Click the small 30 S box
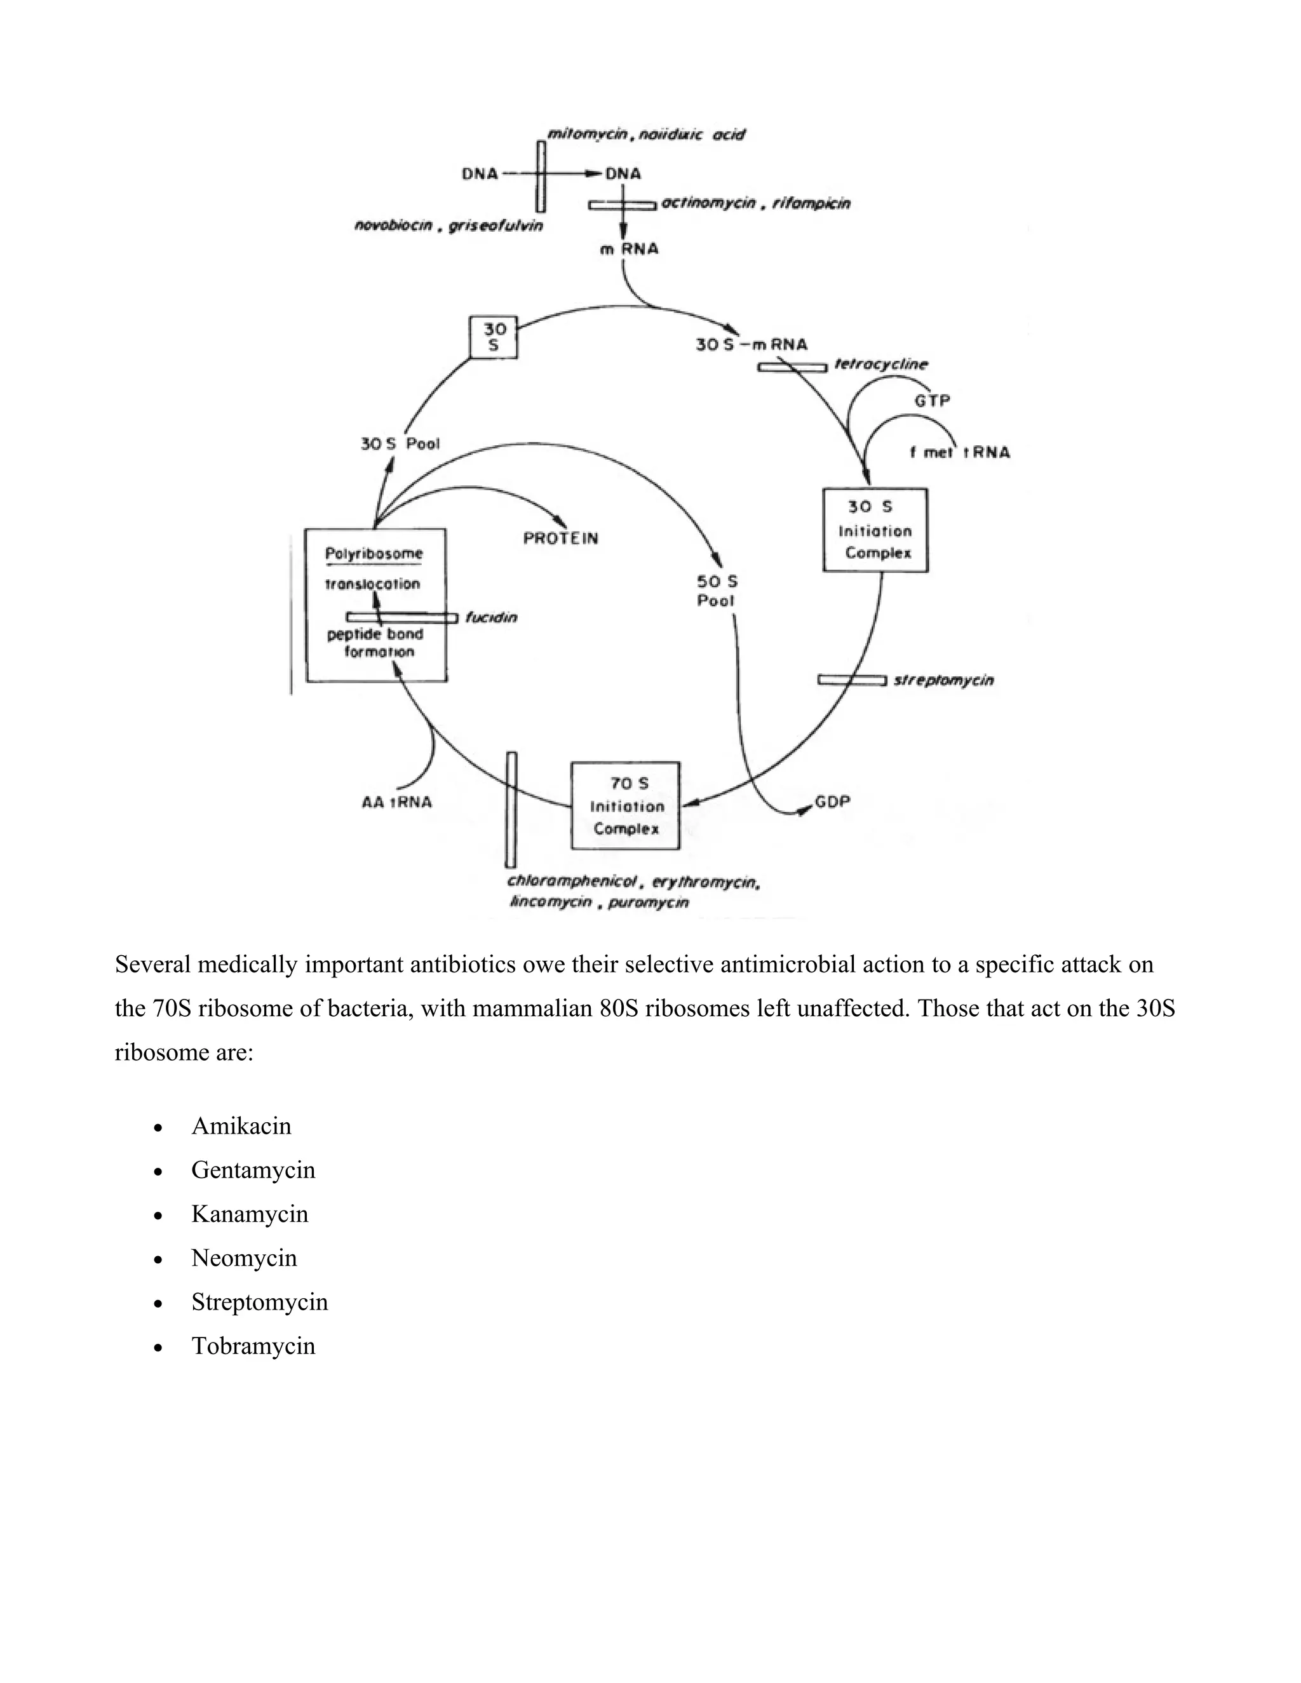[493, 337]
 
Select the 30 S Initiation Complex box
[875, 530]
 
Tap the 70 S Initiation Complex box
[626, 806]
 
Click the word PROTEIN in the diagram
[560, 539]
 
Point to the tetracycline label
[881, 365]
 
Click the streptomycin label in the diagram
[943, 680]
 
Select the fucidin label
[491, 618]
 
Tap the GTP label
[932, 401]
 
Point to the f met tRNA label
[960, 452]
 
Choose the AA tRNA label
[396, 802]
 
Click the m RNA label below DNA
[629, 249]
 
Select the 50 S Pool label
[717, 591]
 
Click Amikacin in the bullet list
[241, 1127]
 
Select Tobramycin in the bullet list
[253, 1346]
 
